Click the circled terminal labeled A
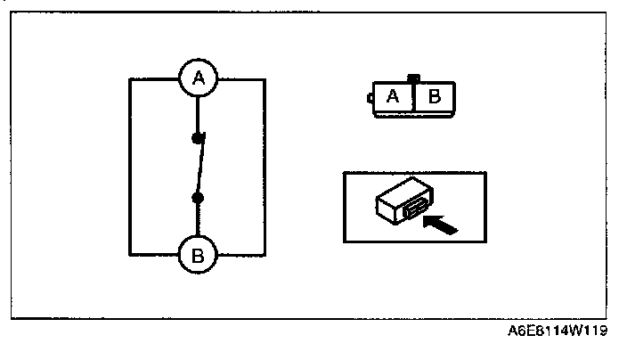click(x=198, y=79)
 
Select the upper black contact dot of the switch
click(x=198, y=138)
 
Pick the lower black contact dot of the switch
click(x=198, y=196)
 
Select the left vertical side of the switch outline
click(x=130, y=168)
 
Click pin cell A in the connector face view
click(x=392, y=97)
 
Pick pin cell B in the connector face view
click(x=434, y=97)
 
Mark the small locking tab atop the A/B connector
click(x=411, y=79)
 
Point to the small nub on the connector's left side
click(x=369, y=98)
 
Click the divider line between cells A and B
click(x=413, y=97)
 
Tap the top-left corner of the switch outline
click(x=130, y=79)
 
